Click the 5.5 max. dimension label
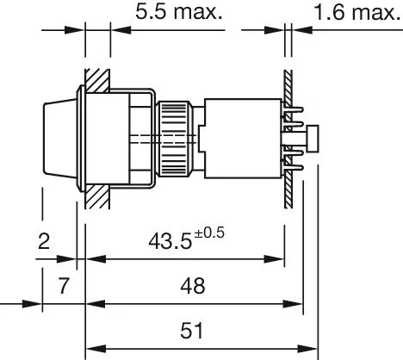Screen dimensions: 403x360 coord(178,12)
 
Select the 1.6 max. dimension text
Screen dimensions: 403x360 coord(357,12)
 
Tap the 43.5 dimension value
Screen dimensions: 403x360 coord(170,241)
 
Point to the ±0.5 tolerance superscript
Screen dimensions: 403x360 coord(209,233)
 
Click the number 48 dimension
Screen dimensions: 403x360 coord(193,286)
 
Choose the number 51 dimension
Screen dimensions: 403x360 coord(191,331)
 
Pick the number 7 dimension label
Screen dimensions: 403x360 coord(64,286)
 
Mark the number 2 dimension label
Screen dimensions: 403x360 coord(44,241)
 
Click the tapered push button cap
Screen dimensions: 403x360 coord(60,137)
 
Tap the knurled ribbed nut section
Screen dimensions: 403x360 coord(175,139)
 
